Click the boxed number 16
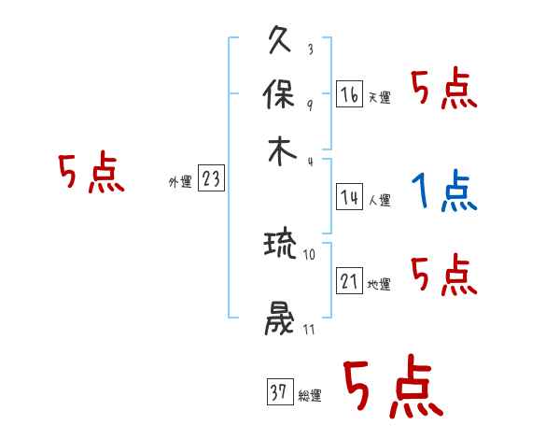click(349, 93)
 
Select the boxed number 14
click(349, 196)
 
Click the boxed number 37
click(278, 393)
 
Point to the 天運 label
click(380, 97)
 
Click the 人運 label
click(380, 200)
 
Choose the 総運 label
click(310, 396)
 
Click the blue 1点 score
click(443, 193)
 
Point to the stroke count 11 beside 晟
click(310, 329)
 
